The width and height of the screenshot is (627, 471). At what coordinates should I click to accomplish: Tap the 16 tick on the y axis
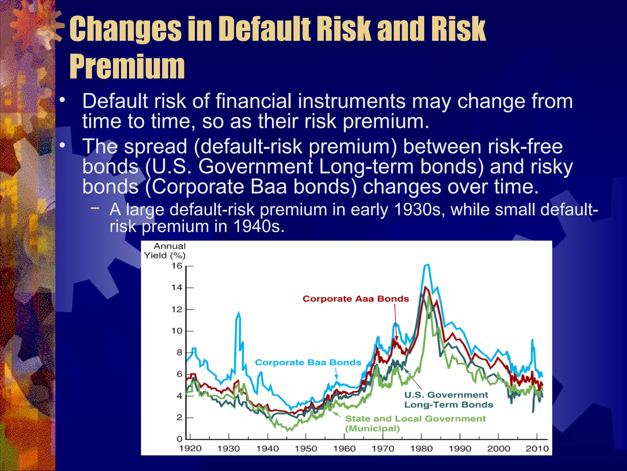click(177, 266)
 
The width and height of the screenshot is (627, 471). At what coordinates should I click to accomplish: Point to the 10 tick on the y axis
click(177, 331)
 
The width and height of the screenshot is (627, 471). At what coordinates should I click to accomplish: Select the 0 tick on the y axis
click(179, 439)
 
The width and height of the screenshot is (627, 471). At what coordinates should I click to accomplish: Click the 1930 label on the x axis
click(228, 449)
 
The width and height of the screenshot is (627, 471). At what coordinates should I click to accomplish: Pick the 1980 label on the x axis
click(421, 449)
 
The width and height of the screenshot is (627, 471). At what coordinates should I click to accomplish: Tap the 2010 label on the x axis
click(537, 449)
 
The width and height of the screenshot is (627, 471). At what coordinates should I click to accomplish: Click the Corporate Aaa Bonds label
click(355, 299)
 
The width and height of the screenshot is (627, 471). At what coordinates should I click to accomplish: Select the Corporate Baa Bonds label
click(308, 362)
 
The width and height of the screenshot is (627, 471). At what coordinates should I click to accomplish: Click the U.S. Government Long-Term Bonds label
click(449, 400)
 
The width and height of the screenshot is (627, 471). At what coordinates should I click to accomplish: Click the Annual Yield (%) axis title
click(165, 251)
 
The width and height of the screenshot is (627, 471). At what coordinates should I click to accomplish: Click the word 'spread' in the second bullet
click(156, 146)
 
